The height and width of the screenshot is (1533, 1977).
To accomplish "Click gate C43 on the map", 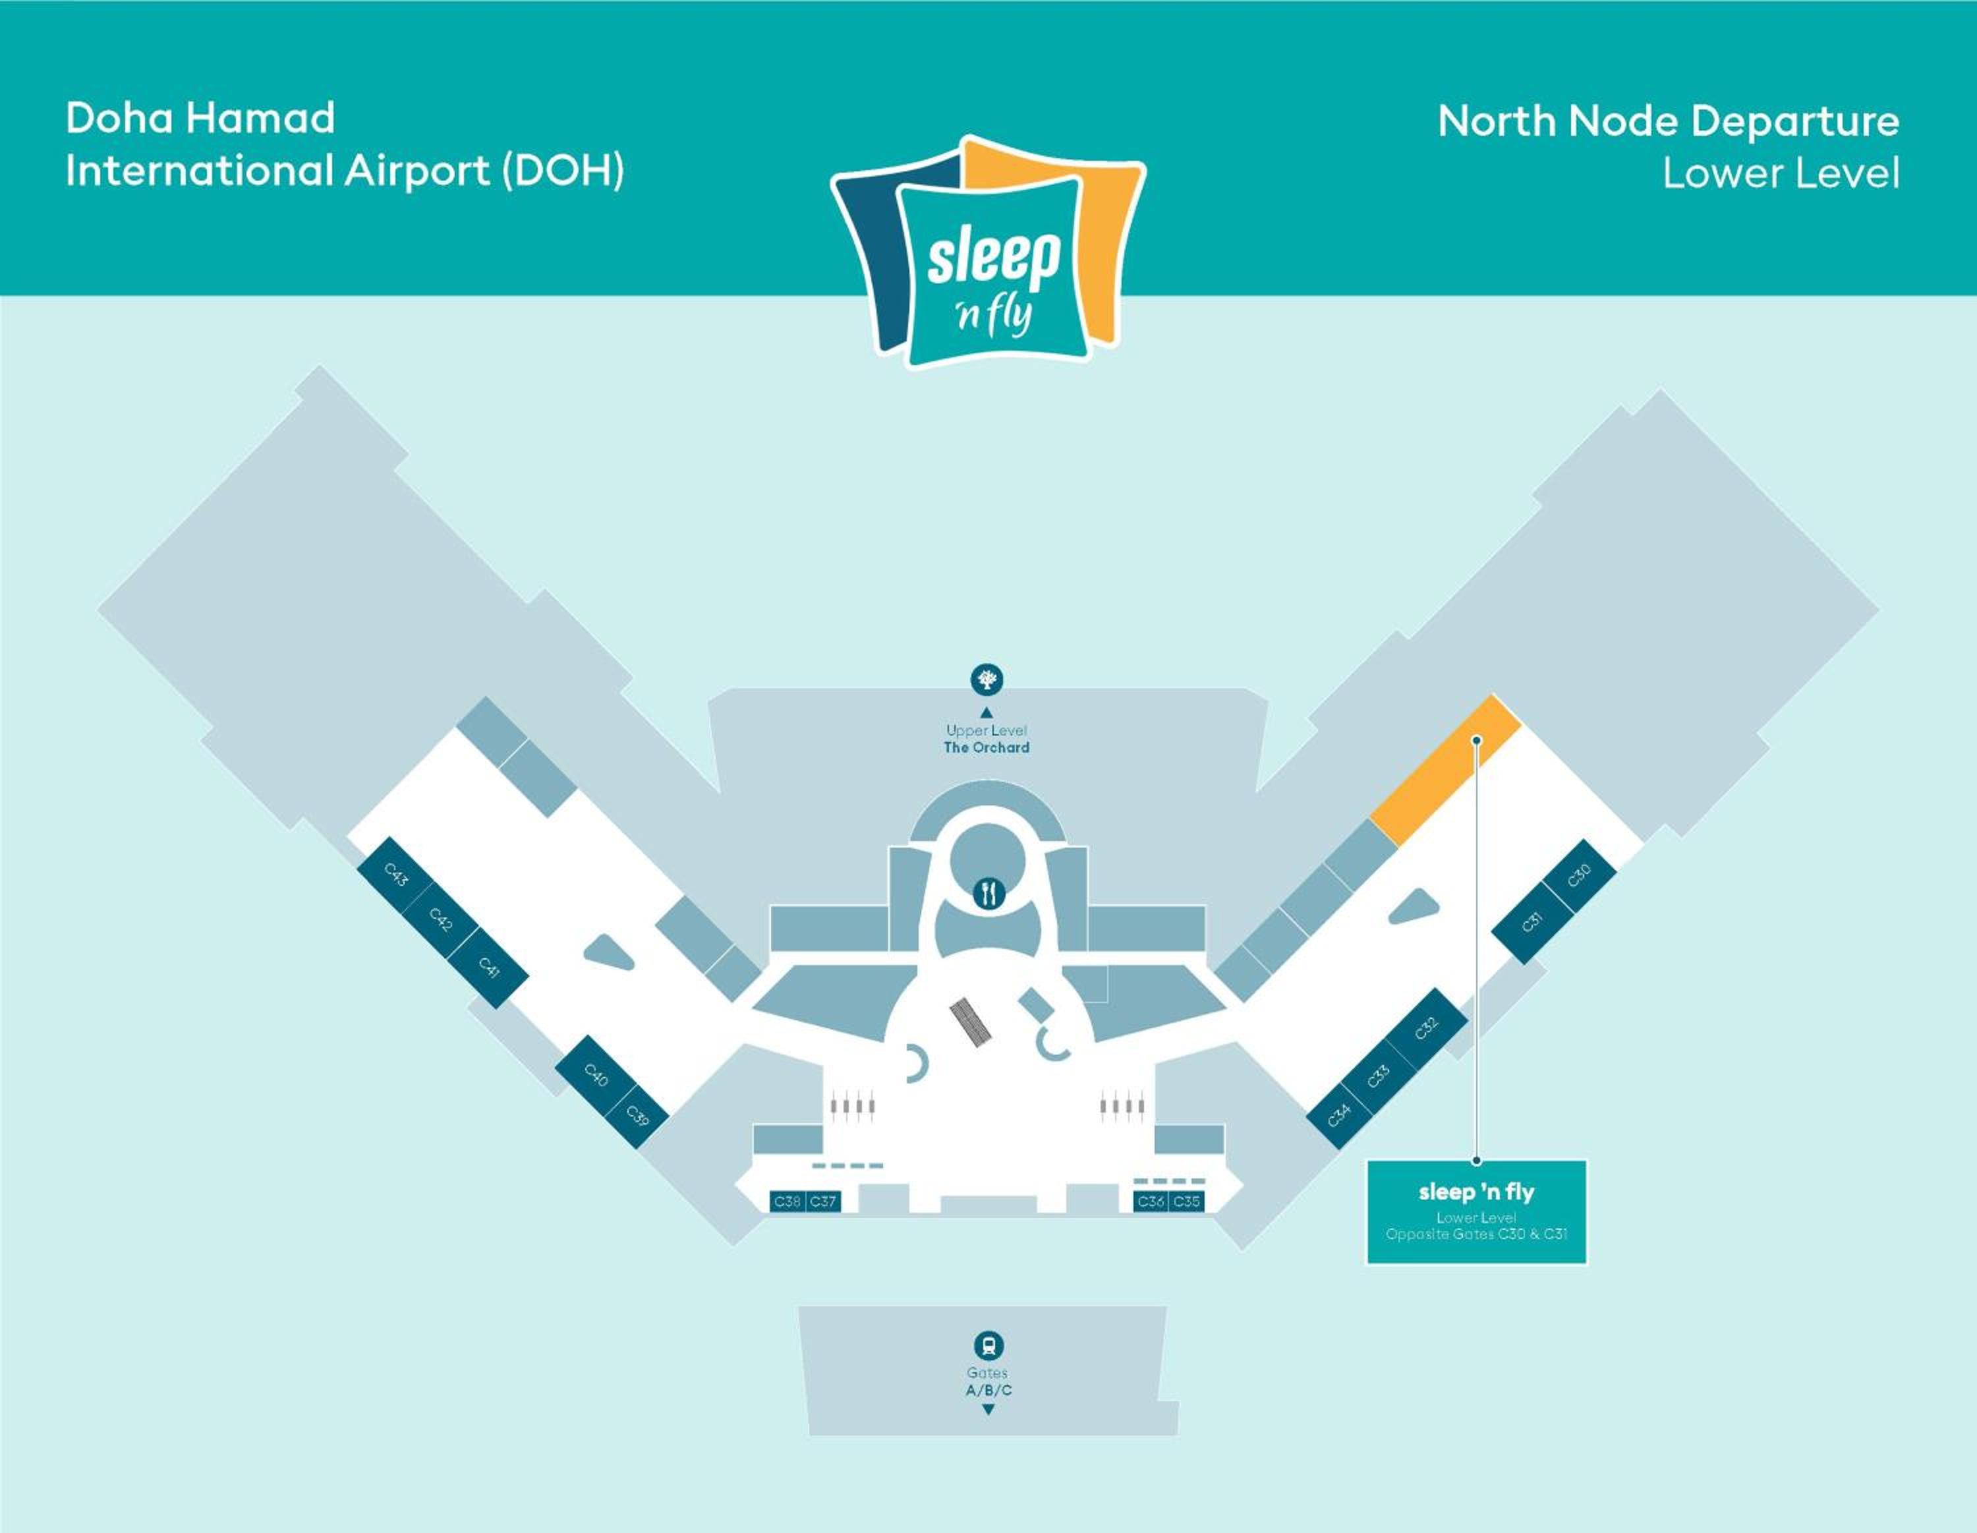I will coord(395,874).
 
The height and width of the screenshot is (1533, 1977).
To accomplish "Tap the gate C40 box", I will coord(596,1075).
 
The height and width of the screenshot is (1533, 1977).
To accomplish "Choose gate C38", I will coord(787,1201).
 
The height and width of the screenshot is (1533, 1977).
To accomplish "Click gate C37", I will coord(823,1201).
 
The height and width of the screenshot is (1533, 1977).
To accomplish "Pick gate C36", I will coord(1151,1201).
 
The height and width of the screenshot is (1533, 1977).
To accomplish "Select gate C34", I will coord(1340,1116).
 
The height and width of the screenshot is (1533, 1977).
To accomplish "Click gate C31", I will coord(1532,923).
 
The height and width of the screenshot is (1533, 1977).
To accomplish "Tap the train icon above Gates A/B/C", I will coord(988,1345).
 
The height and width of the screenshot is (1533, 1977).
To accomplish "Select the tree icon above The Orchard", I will coord(987,678).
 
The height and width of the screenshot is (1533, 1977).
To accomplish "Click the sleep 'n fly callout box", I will coord(1476,1211).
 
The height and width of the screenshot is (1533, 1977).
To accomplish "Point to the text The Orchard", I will coord(987,747).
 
